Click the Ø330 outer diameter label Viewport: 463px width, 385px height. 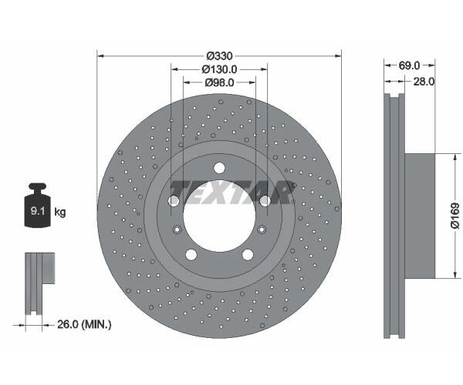point(219,56)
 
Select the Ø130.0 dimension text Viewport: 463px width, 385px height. point(219,69)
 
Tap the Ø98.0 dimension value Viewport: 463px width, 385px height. point(219,82)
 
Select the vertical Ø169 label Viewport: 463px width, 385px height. point(455,216)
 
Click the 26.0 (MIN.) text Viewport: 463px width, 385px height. point(86,324)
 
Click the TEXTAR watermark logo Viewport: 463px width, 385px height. point(231,191)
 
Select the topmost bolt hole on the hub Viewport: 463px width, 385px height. point(219,168)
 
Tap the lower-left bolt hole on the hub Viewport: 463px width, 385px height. point(191,255)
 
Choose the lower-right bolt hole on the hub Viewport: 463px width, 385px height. point(248,255)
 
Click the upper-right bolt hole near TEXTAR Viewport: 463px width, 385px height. point(265,201)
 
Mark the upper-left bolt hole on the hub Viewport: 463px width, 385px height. point(174,201)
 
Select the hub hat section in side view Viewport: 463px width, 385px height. point(420,216)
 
